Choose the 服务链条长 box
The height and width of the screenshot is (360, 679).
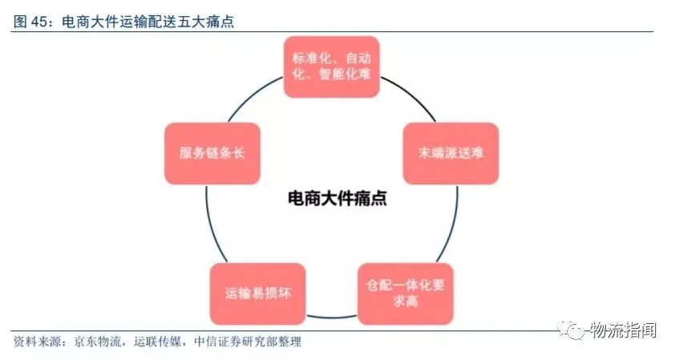[x=212, y=152]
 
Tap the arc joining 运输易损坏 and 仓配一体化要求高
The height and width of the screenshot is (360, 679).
[x=330, y=313]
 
